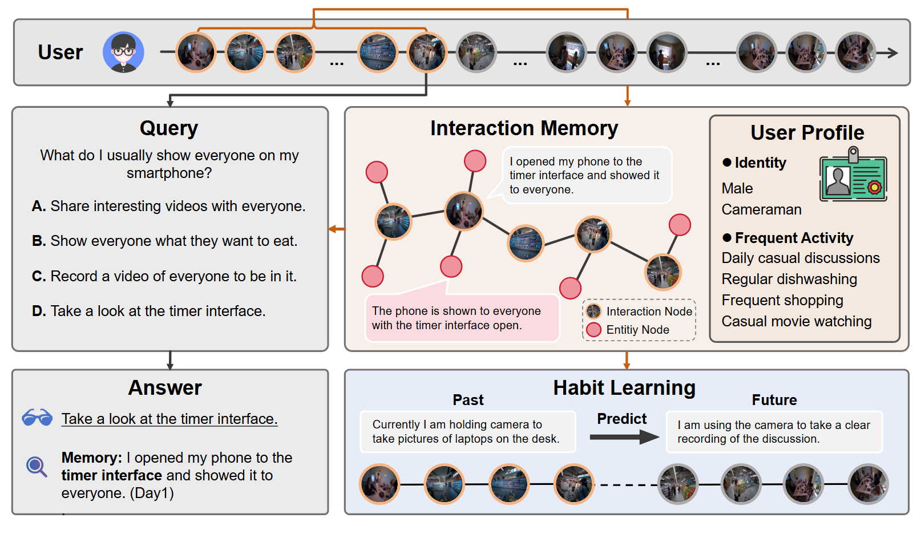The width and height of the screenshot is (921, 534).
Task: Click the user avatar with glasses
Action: pos(123,52)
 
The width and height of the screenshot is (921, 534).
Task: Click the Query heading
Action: pos(169,128)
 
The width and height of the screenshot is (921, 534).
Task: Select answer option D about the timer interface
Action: pos(149,311)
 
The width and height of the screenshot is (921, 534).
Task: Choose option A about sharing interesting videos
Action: pos(168,206)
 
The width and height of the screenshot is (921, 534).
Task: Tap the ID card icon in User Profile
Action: pos(853,176)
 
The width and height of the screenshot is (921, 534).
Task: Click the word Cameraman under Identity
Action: pos(761,209)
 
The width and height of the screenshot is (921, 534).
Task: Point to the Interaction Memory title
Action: pos(524,128)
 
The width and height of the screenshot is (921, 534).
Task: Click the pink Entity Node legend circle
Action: pos(594,330)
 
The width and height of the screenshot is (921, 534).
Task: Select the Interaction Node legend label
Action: pos(649,311)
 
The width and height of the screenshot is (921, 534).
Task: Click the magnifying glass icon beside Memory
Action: pos(37,467)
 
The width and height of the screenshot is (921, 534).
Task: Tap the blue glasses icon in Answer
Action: pos(37,418)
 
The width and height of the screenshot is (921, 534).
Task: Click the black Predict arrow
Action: pos(624,438)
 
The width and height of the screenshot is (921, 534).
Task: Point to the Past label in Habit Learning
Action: pos(468,400)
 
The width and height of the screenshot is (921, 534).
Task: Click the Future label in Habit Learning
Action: pos(774,400)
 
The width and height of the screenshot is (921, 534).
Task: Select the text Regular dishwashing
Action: pos(789,279)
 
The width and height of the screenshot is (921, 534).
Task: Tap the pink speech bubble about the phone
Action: pos(462,318)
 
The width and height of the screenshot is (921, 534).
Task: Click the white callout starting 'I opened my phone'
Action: pos(586,176)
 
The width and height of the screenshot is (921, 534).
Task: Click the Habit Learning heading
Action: pos(624,388)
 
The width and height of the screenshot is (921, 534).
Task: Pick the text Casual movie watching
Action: pos(796,321)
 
